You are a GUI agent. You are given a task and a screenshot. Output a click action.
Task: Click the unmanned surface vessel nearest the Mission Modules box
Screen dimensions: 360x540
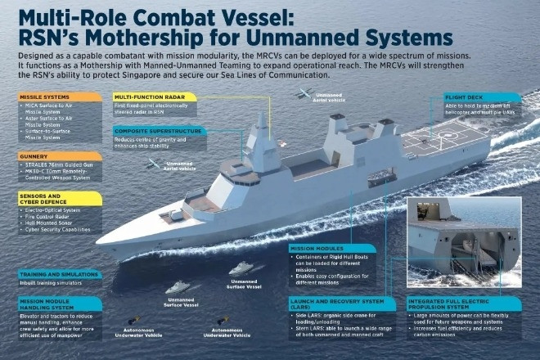point(240,268)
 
